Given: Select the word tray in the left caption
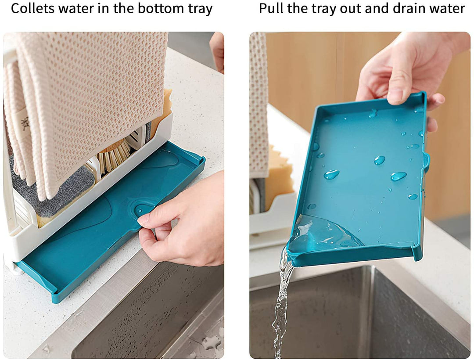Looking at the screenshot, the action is pos(201,9).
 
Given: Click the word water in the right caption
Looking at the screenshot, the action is pos(446,9).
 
